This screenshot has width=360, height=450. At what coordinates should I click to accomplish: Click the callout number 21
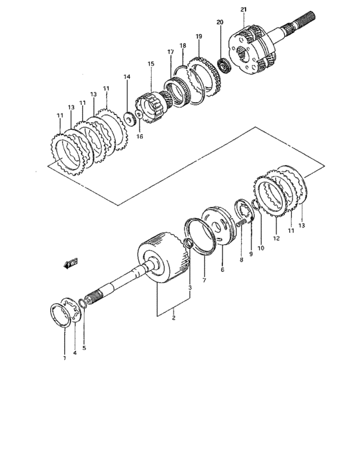[243, 9]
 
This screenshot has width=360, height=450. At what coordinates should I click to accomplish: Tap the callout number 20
[220, 22]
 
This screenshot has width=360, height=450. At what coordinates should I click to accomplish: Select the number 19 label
[199, 37]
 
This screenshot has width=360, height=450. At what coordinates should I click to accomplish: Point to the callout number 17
[170, 51]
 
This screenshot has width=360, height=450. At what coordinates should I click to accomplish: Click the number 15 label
[150, 64]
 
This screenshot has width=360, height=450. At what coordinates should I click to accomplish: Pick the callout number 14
[127, 76]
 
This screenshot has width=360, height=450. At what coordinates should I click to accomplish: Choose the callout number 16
[139, 137]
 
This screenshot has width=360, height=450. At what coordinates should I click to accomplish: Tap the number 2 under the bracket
[173, 318]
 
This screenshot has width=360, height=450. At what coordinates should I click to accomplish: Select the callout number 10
[260, 248]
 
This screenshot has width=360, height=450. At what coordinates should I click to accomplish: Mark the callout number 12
[277, 238]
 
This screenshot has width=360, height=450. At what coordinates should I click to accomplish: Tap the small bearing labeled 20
[224, 65]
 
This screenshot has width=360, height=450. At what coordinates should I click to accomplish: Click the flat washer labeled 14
[129, 118]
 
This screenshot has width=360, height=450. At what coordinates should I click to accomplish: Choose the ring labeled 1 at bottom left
[64, 318]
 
